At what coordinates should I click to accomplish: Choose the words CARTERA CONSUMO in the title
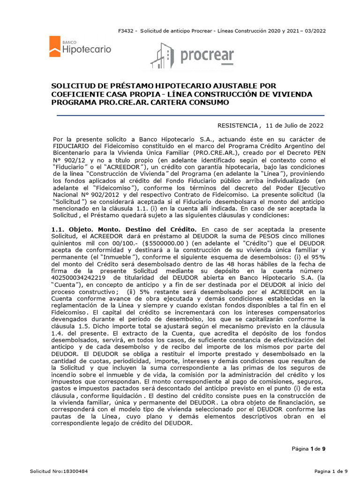(x=189, y=103)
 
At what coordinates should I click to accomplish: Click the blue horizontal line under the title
(x=190, y=115)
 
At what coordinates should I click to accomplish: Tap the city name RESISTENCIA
(x=238, y=126)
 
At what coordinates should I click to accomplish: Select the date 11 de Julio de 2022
(x=294, y=126)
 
